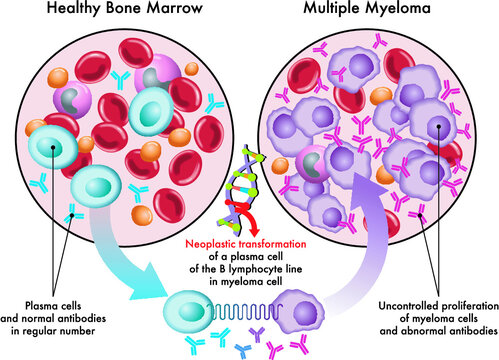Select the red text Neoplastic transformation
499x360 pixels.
click(x=250, y=242)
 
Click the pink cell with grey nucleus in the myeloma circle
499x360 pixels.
click(x=313, y=166)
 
